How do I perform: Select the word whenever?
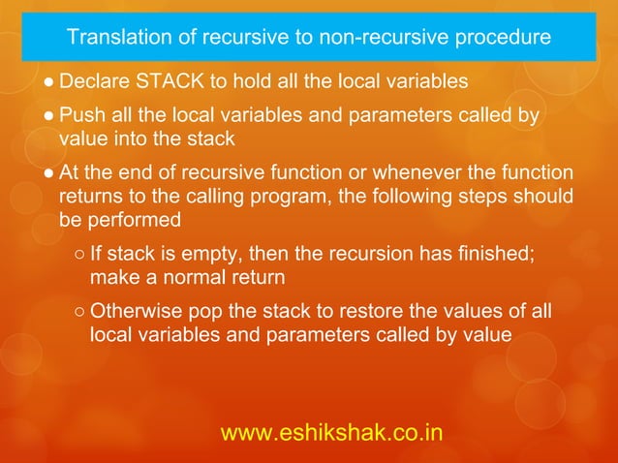coord(388,174)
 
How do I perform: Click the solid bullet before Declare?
coord(48,80)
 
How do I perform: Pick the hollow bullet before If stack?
coord(77,257)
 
